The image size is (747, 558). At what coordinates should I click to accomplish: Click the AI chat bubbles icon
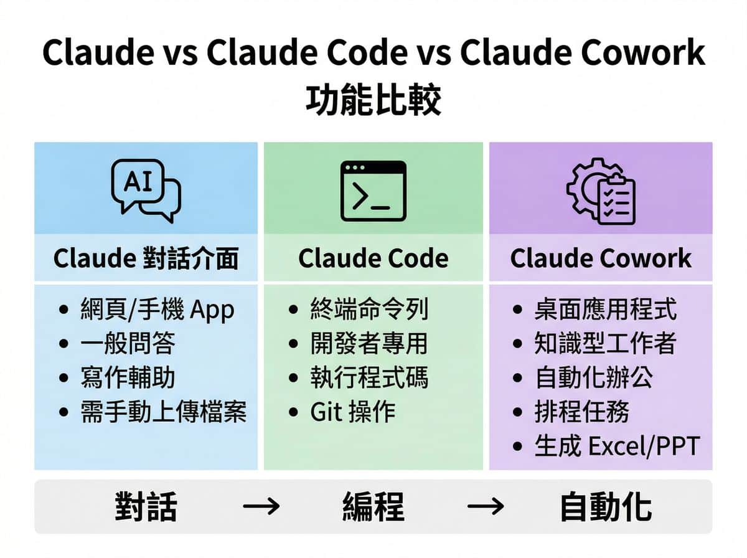(146, 191)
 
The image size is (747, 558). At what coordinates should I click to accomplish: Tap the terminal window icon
(373, 191)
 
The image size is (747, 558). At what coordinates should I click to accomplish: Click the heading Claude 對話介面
(146, 258)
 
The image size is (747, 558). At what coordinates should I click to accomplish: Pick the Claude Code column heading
(373, 258)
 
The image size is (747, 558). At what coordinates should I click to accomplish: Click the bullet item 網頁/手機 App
(157, 309)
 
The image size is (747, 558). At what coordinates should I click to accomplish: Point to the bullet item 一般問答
(128, 343)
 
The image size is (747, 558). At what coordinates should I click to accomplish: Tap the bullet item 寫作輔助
(128, 378)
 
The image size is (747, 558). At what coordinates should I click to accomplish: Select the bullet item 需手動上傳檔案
(163, 412)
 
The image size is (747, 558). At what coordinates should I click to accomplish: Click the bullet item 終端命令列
(369, 309)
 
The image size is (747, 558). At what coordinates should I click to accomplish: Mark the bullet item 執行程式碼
(369, 378)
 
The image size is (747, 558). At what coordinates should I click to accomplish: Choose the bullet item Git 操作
(352, 412)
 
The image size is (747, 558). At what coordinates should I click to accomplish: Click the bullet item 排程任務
(581, 412)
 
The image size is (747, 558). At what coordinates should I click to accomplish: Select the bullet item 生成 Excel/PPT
(616, 447)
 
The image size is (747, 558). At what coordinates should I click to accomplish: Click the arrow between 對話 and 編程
(261, 507)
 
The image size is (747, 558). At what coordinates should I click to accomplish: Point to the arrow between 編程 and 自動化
(486, 507)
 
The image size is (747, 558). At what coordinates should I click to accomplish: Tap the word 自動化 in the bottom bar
(605, 507)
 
